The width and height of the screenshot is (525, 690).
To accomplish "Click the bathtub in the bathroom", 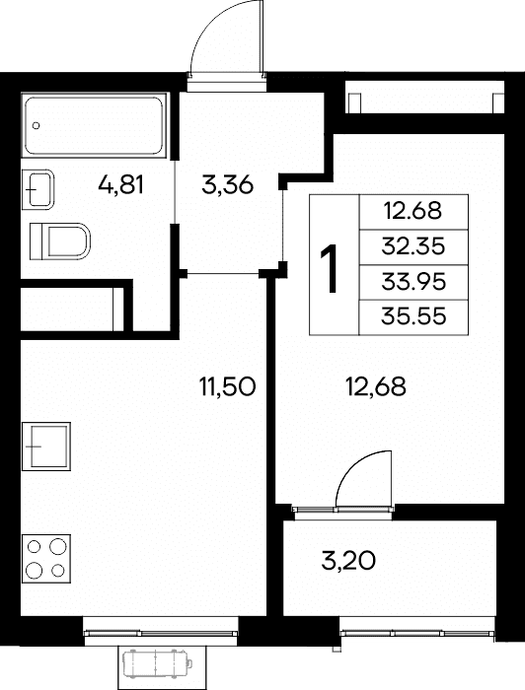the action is tap(95, 125).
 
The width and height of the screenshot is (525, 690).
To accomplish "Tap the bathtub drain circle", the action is tap(37, 125).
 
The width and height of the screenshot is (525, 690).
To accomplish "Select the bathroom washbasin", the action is tap(37, 189).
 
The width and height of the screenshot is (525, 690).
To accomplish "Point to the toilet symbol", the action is tap(60, 241).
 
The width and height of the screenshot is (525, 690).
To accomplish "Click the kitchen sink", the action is tap(46, 447).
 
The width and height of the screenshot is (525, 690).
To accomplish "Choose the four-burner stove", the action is tap(46, 559).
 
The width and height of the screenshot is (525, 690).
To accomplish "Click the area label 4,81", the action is tap(121, 185).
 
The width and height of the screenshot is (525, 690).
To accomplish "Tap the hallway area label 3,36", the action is tap(227, 185).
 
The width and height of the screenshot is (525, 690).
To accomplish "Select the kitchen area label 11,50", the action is tap(227, 387).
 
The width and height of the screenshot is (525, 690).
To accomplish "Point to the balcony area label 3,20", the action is tap(348, 561).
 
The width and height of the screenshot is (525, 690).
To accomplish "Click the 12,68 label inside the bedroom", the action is tap(376, 387).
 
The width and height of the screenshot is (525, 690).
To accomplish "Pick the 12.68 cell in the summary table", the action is tap(413, 212).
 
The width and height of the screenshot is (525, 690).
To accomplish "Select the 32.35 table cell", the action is tap(413, 246).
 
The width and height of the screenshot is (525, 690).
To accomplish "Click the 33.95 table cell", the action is tap(413, 282).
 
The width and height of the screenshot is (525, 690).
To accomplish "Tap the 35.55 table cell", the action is tap(413, 317).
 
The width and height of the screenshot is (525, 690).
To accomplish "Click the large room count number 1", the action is tap(330, 269).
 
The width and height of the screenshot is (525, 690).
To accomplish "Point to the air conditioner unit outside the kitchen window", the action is tap(156, 664).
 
